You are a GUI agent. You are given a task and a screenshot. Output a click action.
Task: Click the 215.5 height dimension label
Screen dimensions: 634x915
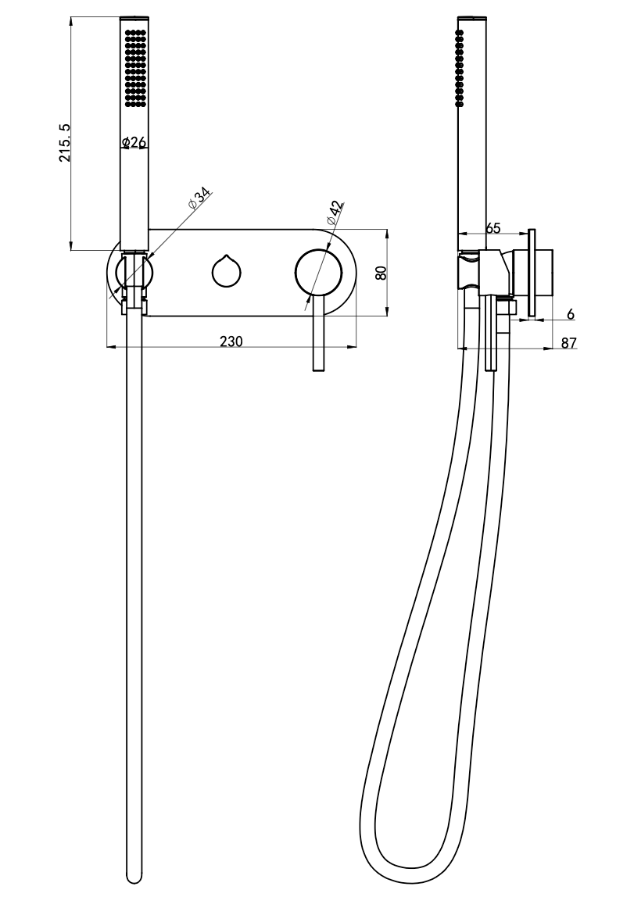click(x=65, y=143)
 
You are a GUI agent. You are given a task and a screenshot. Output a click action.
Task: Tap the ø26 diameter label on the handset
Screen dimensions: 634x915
click(x=134, y=142)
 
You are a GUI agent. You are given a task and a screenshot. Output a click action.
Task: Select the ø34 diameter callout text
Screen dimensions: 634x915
click(x=199, y=199)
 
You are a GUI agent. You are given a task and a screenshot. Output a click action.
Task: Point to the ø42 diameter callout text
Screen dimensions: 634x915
click(x=335, y=213)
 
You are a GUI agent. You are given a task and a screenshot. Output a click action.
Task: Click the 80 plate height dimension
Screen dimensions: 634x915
click(x=381, y=273)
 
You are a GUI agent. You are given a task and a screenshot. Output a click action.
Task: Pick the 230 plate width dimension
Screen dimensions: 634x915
click(x=231, y=341)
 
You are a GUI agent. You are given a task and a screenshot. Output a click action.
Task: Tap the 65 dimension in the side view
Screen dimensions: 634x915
click(x=493, y=227)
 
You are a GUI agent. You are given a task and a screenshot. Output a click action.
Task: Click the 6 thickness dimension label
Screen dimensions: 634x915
click(x=571, y=314)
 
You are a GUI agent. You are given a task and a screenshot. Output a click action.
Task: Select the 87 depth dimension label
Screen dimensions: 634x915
click(x=569, y=343)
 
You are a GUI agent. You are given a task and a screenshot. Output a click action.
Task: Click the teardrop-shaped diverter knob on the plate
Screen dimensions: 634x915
click(x=226, y=271)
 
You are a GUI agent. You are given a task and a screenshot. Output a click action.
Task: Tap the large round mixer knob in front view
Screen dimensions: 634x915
click(x=317, y=273)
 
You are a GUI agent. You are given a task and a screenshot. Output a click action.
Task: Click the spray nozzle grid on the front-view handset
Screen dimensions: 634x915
click(x=135, y=68)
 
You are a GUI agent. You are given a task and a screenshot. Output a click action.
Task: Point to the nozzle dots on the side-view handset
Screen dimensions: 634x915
click(x=460, y=68)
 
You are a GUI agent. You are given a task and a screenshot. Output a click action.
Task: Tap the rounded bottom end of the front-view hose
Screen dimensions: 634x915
click(x=134, y=876)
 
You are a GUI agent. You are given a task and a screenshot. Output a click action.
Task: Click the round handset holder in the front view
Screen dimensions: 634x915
click(x=134, y=273)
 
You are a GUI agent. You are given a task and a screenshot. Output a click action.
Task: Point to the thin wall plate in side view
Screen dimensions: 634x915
click(x=532, y=273)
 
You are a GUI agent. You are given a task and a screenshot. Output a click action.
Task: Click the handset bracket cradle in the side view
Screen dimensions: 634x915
click(x=485, y=274)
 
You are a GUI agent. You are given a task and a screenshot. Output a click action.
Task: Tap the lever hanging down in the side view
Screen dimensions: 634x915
click(x=491, y=333)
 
